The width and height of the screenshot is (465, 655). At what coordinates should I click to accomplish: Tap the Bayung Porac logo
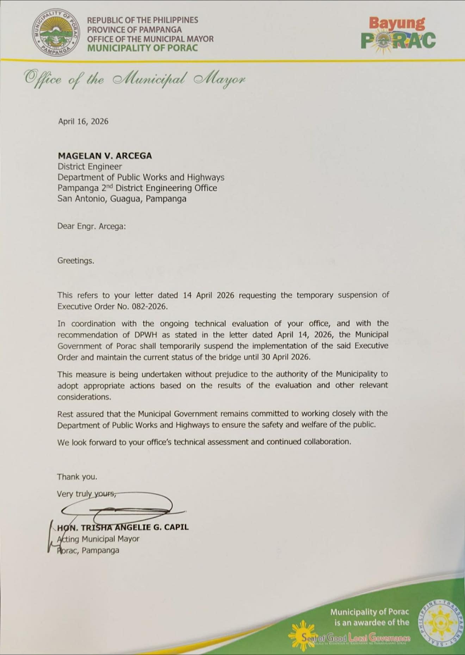(398, 34)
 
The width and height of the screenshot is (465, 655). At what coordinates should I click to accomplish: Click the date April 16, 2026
(83, 121)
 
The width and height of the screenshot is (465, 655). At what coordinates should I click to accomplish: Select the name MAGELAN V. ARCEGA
(105, 156)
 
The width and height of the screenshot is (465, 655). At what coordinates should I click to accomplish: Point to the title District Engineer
(89, 167)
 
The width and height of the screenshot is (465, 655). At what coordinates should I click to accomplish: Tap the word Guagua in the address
(125, 199)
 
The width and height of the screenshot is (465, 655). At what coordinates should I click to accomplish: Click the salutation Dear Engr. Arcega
(91, 226)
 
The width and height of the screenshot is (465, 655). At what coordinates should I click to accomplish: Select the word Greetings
(76, 261)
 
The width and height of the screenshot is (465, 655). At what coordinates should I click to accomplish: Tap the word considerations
(84, 397)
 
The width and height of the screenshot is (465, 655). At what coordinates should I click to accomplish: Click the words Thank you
(77, 477)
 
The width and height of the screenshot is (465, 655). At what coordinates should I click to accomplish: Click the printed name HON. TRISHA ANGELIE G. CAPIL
(123, 527)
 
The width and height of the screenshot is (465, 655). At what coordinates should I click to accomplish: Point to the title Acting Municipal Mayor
(98, 539)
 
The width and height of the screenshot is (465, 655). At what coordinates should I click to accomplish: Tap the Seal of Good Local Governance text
(356, 637)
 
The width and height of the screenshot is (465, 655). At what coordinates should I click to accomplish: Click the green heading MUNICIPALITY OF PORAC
(142, 48)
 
